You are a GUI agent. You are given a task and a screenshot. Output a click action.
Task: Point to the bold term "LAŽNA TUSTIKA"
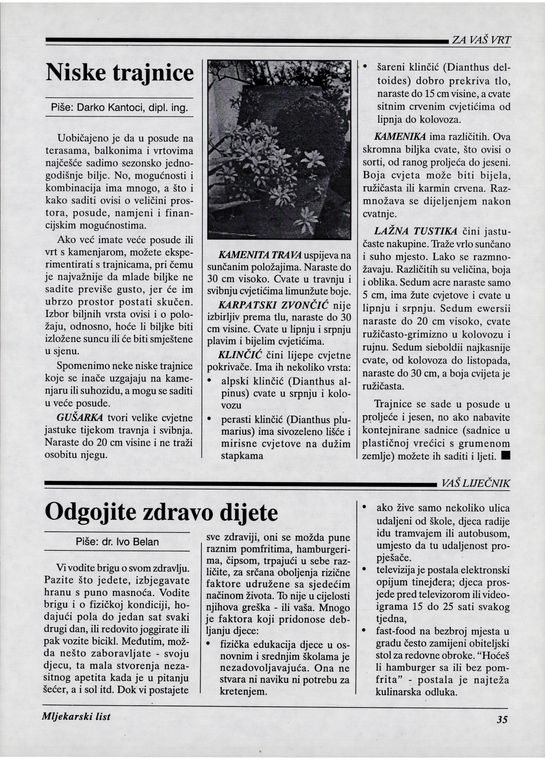(415, 231)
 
